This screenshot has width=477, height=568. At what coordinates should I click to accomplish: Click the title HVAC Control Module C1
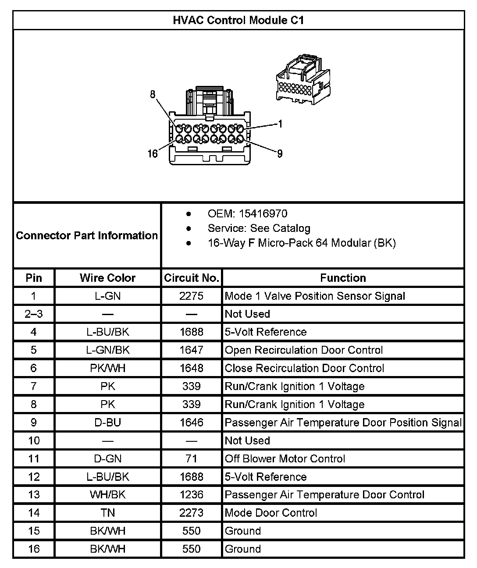point(238,20)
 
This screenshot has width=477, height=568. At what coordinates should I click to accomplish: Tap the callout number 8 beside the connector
point(153,94)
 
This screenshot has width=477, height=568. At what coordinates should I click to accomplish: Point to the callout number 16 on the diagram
point(152,153)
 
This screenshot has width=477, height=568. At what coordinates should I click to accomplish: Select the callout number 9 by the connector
point(280,153)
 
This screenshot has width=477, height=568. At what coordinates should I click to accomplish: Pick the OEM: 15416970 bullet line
point(247,214)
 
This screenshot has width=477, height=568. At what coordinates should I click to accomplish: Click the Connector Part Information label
point(87,235)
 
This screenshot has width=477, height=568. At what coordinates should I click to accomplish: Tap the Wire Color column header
point(107,278)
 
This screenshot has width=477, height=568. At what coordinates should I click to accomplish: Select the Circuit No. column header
point(191,278)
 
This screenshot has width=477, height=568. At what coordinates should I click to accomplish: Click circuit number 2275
point(191,296)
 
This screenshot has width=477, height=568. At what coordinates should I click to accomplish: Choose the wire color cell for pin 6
point(107,368)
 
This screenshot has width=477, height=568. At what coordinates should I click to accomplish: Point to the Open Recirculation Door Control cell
point(304,350)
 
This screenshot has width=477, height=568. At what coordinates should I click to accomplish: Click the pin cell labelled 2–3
point(34,314)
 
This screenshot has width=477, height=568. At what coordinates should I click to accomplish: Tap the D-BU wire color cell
point(107,422)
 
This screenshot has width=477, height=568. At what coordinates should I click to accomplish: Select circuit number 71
point(191,459)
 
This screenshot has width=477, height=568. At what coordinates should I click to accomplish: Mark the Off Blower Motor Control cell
point(285,459)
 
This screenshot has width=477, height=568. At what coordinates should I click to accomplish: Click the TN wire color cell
point(107,513)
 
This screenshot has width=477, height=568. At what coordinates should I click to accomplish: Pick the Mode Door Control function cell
point(271,513)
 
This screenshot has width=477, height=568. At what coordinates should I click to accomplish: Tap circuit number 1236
point(191,495)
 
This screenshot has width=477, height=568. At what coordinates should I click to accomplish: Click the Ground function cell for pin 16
point(243,549)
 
